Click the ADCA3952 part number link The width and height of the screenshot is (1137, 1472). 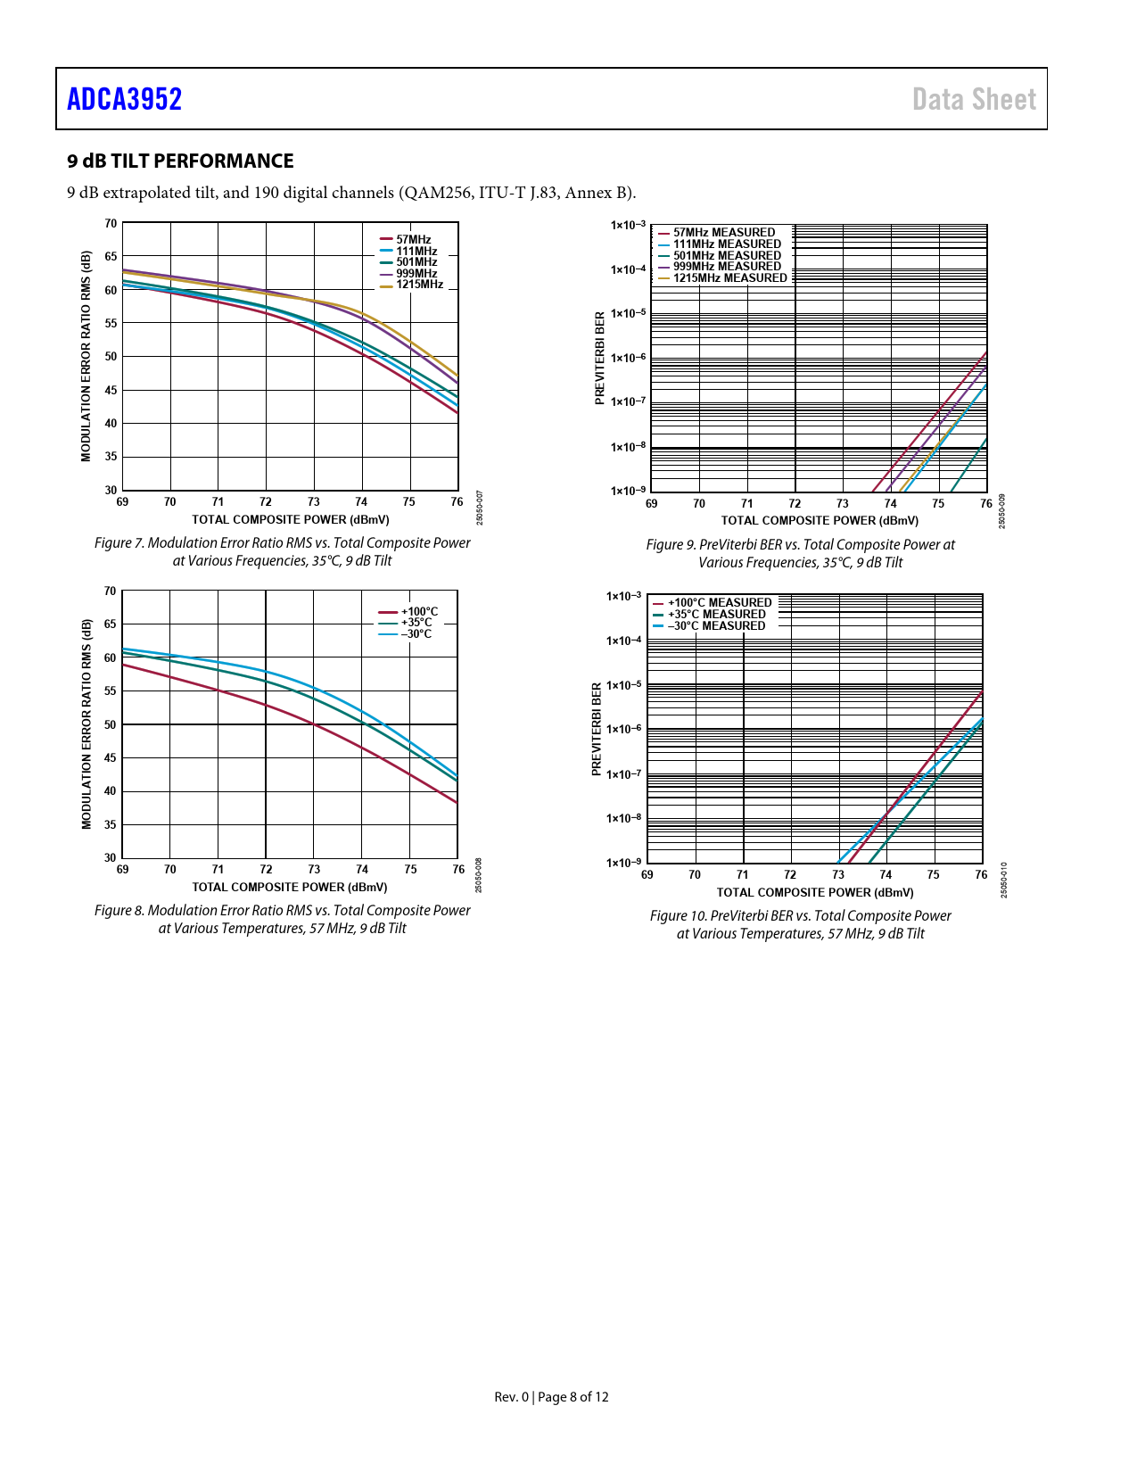tap(124, 99)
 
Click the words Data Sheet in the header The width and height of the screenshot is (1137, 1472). tap(974, 99)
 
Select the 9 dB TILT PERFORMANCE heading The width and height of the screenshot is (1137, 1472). tap(180, 161)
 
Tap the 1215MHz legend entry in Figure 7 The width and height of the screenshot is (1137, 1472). tap(419, 285)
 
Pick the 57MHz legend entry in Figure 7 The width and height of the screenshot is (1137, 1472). tap(413, 239)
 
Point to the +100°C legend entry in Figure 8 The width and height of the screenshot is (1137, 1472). tap(419, 612)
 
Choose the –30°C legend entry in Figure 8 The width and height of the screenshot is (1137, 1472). tap(416, 634)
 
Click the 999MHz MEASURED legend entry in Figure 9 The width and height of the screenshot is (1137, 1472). tap(726, 267)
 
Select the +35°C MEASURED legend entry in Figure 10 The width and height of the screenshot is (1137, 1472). tap(716, 615)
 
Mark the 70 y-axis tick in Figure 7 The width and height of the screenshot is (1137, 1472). tap(111, 223)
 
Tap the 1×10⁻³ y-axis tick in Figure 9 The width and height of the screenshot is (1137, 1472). tap(628, 225)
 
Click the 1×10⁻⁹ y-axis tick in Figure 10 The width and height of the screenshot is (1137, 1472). tap(623, 863)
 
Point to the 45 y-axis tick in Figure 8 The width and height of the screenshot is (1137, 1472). tap(111, 758)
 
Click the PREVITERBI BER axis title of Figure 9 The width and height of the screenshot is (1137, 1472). tap(600, 358)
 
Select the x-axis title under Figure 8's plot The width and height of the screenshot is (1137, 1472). tap(290, 887)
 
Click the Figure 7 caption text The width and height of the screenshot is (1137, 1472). tap(282, 551)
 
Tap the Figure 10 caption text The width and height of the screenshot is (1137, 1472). tap(800, 924)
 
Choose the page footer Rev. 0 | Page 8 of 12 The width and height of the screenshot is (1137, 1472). tap(551, 1397)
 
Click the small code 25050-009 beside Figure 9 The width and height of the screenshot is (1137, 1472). tap(1001, 511)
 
